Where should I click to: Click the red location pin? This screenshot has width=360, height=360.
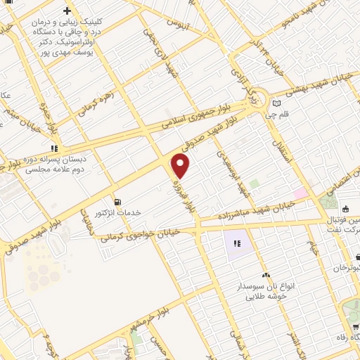(x=181, y=166)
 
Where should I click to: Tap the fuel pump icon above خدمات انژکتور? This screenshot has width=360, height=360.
(x=117, y=199)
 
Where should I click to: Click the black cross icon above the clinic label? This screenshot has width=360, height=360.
(x=67, y=11)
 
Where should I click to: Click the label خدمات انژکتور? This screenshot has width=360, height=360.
(x=118, y=212)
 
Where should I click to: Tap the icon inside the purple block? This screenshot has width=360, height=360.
(x=237, y=243)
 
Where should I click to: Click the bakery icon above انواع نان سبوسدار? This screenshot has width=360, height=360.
(x=266, y=275)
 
